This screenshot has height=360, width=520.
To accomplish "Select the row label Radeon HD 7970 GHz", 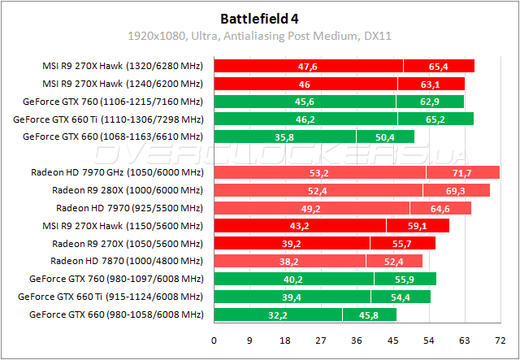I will (116, 172).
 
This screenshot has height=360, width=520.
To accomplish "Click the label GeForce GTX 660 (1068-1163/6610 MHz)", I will (112, 137).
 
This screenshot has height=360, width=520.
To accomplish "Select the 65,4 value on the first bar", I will (439, 66).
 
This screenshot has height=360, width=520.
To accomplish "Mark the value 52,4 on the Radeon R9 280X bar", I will (318, 190).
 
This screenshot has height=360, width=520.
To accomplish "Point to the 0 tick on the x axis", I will (214, 340).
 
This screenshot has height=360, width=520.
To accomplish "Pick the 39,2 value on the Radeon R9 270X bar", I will (291, 243).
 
